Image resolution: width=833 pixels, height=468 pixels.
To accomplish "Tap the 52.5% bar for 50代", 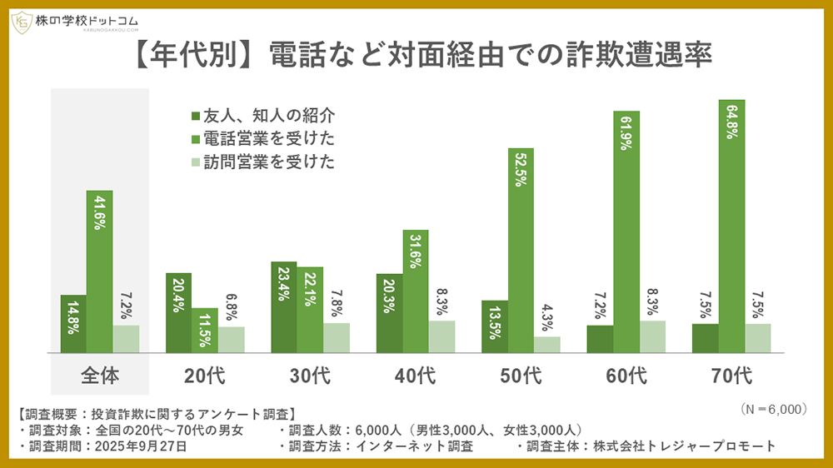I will coord(521,251).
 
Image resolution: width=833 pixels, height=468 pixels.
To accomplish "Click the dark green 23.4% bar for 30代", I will coord(284,307).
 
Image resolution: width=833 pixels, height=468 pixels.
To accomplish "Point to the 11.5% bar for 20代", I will coord(205,331).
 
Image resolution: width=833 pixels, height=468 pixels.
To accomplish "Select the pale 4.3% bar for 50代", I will coord(547,345).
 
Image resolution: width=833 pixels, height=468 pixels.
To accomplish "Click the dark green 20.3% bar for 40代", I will coord(389,313).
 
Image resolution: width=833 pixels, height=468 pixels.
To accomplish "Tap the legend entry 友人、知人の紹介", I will coord(262,116).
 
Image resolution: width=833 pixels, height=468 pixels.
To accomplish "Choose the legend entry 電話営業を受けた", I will coord(262,138).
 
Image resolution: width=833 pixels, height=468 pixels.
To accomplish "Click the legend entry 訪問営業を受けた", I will coord(262,162).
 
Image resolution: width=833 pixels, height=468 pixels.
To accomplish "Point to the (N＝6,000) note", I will coord(773,410).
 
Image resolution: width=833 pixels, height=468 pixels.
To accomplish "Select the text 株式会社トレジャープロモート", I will coord(684,446).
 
